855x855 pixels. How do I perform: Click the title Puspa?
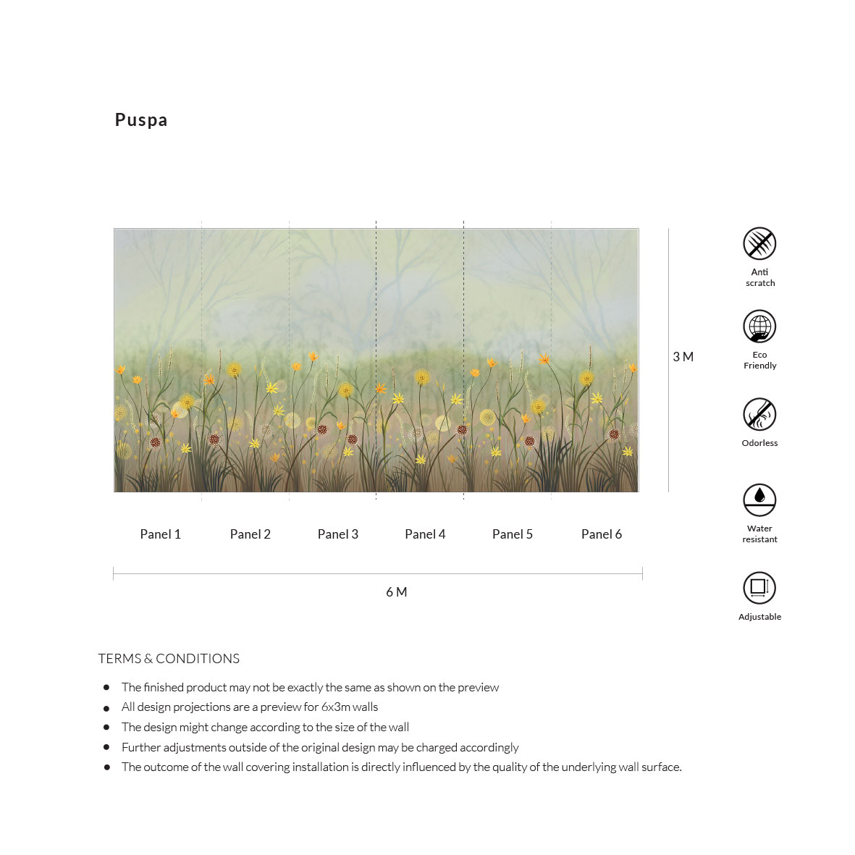[141, 120]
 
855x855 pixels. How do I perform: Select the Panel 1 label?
[160, 534]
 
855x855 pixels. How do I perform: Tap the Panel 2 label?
[250, 534]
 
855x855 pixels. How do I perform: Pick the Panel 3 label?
[337, 534]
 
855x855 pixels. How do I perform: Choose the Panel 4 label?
[425, 534]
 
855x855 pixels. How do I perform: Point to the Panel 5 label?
[512, 534]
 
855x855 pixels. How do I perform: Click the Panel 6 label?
[601, 534]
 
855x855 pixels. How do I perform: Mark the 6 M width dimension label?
[396, 592]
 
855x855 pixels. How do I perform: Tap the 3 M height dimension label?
[683, 357]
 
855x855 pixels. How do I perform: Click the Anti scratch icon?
[759, 244]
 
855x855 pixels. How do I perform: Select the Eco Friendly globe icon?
[759, 327]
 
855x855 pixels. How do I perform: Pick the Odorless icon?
[759, 414]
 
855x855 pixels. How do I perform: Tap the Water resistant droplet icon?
[759, 500]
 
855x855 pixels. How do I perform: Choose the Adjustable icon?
[759, 587]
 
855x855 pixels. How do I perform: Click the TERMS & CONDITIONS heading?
[169, 659]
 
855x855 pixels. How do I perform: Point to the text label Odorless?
[759, 443]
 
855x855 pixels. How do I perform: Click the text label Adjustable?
[759, 617]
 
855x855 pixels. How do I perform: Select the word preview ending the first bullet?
[479, 688]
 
